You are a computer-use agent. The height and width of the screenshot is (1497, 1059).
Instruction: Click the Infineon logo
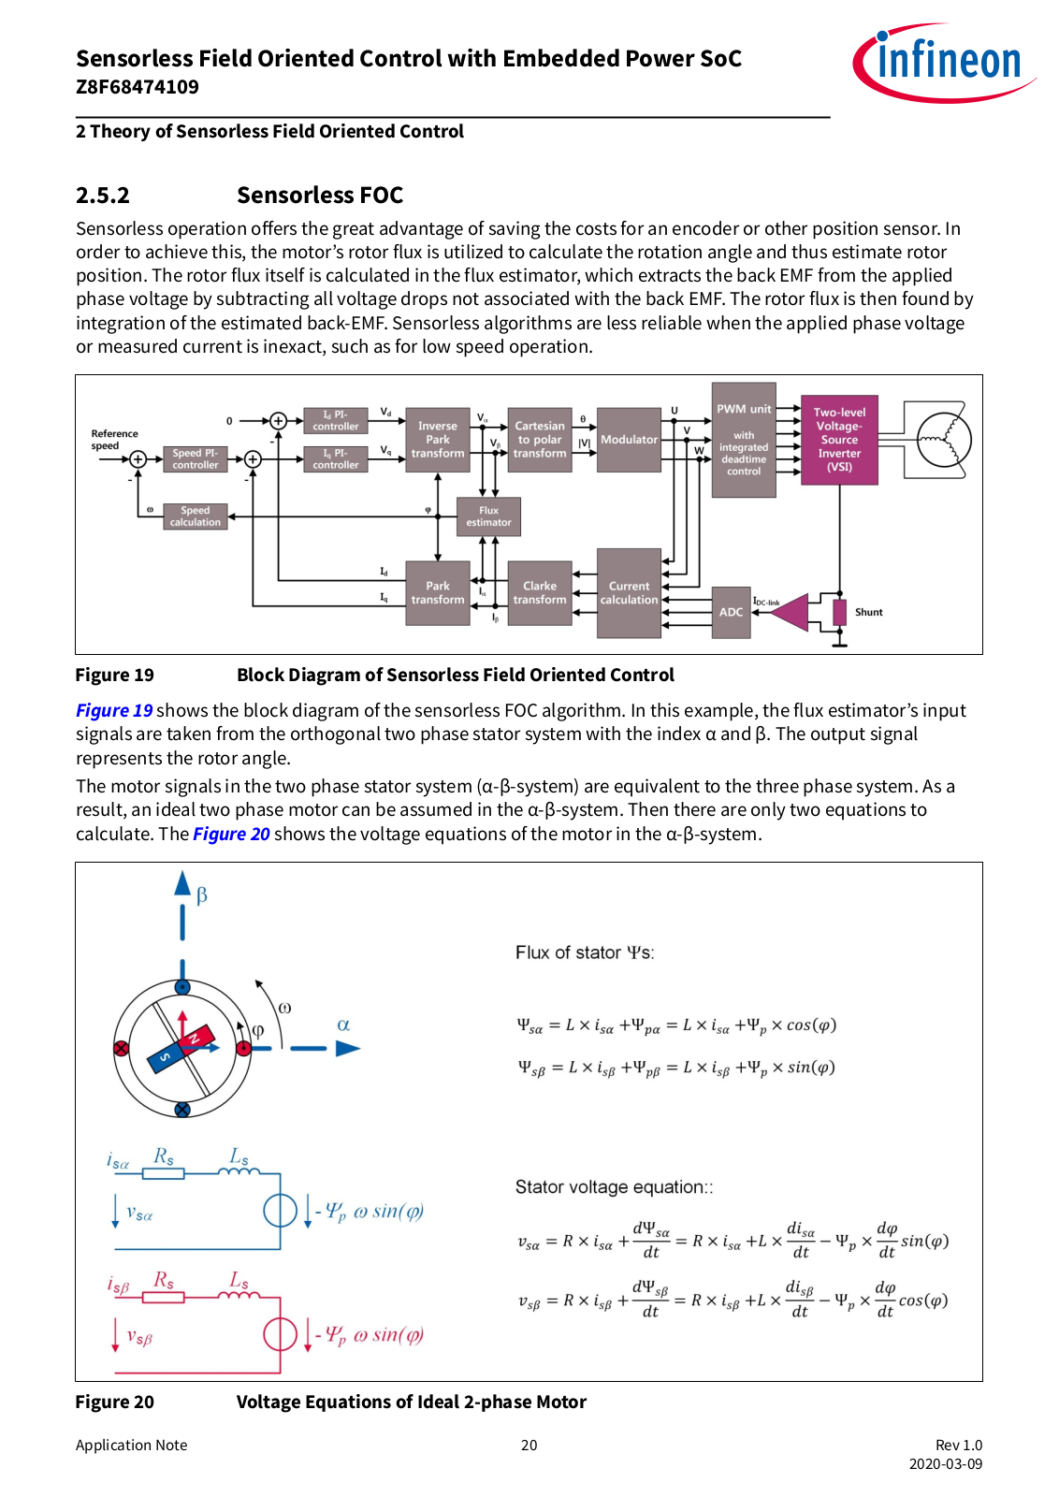coord(943,63)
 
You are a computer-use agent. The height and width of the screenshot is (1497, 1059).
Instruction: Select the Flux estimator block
coord(488,516)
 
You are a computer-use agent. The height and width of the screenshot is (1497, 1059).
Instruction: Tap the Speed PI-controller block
coord(196,459)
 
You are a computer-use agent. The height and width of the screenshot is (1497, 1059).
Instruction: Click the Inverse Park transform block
coord(438,440)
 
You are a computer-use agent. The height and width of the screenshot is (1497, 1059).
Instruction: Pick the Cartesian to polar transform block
coord(539,440)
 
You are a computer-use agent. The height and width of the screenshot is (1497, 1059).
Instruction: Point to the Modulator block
coord(629,440)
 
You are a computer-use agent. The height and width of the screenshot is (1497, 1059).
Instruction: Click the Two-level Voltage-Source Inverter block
coord(839,440)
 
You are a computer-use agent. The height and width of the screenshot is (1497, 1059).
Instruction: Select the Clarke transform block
coord(539,593)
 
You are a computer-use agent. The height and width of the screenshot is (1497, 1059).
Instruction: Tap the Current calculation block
coord(629,593)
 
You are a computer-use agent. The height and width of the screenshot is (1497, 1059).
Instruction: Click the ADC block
coord(731,612)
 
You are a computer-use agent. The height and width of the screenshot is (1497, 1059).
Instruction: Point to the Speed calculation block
coord(196,516)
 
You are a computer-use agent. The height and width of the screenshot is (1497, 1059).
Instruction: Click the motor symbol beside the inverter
coord(944,440)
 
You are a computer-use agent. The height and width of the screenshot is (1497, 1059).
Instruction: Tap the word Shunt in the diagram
coord(868,612)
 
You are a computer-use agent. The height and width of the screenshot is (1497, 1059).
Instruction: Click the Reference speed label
coord(114,440)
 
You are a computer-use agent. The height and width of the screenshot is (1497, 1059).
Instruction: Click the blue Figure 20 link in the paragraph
coord(231,834)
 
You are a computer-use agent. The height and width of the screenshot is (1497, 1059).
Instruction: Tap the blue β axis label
coord(202,895)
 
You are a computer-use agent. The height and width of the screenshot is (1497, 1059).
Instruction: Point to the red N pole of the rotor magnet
coord(196,1038)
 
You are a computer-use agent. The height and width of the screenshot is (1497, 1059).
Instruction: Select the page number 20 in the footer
coord(529,1445)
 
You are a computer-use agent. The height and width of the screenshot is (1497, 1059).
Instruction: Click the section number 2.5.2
coord(103,196)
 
